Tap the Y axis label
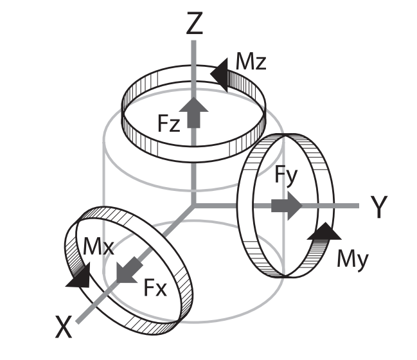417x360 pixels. coord(379,207)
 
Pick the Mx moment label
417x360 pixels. coord(98,247)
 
